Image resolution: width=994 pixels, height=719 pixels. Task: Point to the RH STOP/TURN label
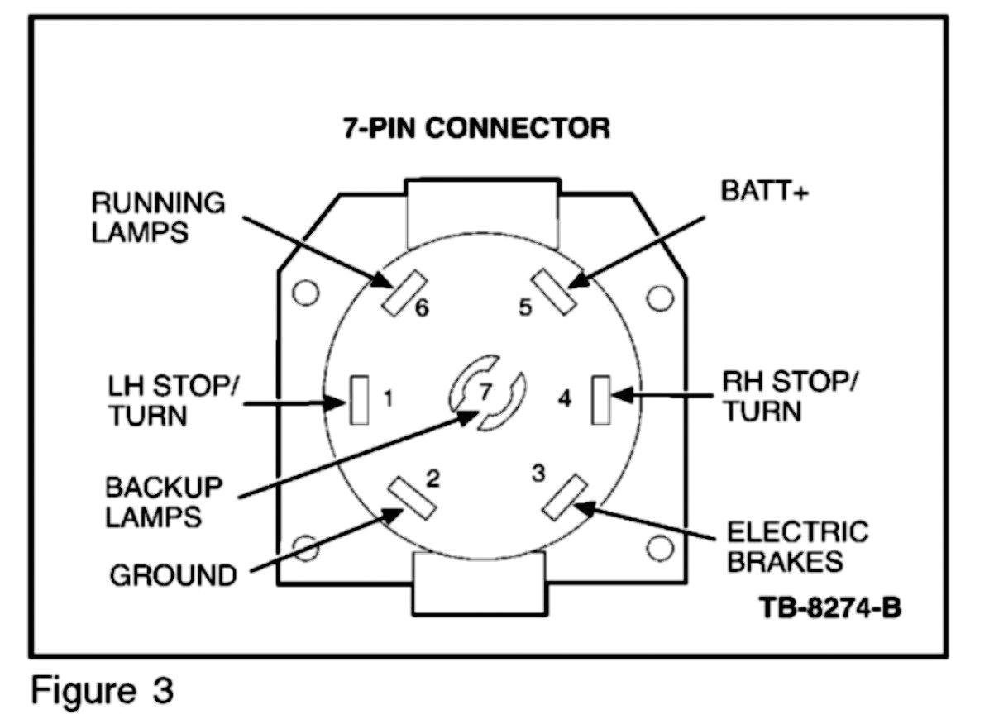[x=791, y=397]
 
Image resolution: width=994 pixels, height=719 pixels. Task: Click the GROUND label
[x=173, y=575]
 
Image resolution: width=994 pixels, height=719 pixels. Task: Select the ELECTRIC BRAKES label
[x=797, y=545]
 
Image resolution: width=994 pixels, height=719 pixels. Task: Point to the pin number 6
[x=422, y=309]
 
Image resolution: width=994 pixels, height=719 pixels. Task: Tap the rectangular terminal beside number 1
[x=359, y=401]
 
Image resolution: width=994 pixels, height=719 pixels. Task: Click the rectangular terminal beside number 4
[x=601, y=399]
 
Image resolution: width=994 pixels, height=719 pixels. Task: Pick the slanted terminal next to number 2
[x=410, y=499]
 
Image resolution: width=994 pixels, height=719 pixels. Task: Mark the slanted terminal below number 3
[x=564, y=498]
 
